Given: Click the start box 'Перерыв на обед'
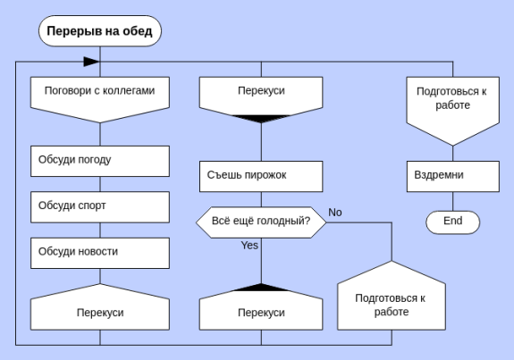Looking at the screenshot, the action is pyautogui.click(x=100, y=30).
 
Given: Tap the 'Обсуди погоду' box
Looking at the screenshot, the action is pyautogui.click(x=100, y=161).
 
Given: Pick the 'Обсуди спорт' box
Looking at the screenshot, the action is pyautogui.click(x=100, y=207).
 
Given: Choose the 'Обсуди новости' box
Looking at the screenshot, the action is pyautogui.click(x=100, y=253).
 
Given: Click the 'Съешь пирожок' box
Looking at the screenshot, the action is pyautogui.click(x=261, y=176).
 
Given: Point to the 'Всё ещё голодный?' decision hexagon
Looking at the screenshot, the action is pyautogui.click(x=261, y=222).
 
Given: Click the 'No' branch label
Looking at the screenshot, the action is pyautogui.click(x=335, y=213).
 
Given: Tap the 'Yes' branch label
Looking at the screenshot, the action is pyautogui.click(x=249, y=245).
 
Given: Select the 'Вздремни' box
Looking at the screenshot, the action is pyautogui.click(x=453, y=176).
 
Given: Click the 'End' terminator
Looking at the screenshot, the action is pyautogui.click(x=452, y=222).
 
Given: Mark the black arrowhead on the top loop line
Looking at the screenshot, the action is pyautogui.click(x=91, y=62).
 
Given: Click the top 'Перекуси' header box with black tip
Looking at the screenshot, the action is pyautogui.click(x=261, y=99).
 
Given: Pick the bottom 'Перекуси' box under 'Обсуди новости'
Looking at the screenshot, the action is pyautogui.click(x=100, y=307).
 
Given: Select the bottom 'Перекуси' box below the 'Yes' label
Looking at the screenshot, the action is pyautogui.click(x=261, y=307).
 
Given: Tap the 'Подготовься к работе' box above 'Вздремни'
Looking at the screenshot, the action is pyautogui.click(x=452, y=111).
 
